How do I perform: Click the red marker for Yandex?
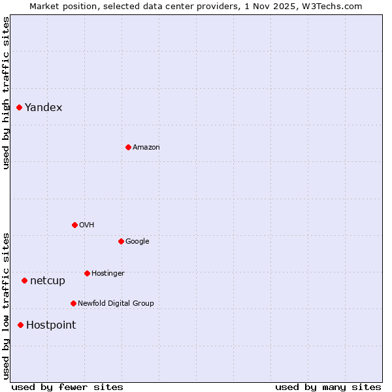tap(20, 107)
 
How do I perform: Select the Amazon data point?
tap(128, 147)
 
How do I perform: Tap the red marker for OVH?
tap(74, 225)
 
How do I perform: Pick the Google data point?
tap(121, 241)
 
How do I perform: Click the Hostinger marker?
tap(87, 273)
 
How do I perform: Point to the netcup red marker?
tap(25, 280)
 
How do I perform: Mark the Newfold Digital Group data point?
tap(73, 303)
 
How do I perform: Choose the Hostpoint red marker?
tap(21, 325)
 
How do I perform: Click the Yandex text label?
tap(44, 108)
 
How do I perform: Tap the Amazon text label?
tap(146, 148)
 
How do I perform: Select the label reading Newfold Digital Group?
tap(116, 303)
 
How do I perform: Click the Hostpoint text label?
tap(51, 325)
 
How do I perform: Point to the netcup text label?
tap(48, 281)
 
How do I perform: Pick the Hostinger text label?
tap(108, 273)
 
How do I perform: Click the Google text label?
tap(137, 242)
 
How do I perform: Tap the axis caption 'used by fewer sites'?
tap(67, 387)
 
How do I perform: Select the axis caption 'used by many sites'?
tap(328, 387)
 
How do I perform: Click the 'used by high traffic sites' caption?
tap(6, 93)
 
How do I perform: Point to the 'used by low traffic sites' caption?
tap(6, 306)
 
